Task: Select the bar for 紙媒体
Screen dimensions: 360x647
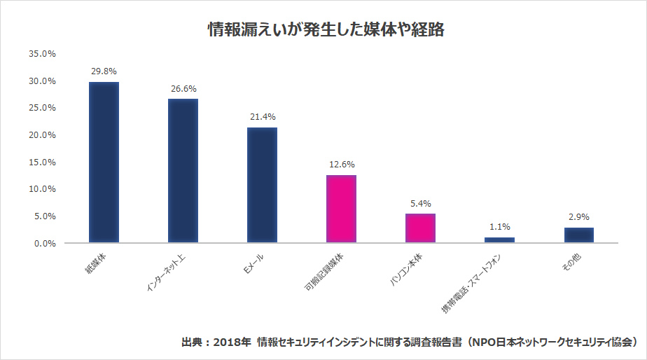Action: click(x=104, y=162)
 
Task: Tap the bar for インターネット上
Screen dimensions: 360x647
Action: click(x=183, y=171)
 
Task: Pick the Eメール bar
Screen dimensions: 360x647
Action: click(x=262, y=185)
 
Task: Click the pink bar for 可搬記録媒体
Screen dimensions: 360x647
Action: click(x=341, y=209)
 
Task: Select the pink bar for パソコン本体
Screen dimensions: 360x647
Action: click(x=420, y=228)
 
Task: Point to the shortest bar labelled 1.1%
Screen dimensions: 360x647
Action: click(x=499, y=240)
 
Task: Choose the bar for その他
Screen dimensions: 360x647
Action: click(x=579, y=235)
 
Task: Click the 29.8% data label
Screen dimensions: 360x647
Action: click(x=104, y=71)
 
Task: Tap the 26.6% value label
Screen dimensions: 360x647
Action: click(x=183, y=89)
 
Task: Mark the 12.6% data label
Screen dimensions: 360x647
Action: click(x=341, y=165)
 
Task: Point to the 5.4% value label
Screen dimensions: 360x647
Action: click(x=420, y=204)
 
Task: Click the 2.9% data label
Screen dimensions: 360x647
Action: click(x=579, y=217)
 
